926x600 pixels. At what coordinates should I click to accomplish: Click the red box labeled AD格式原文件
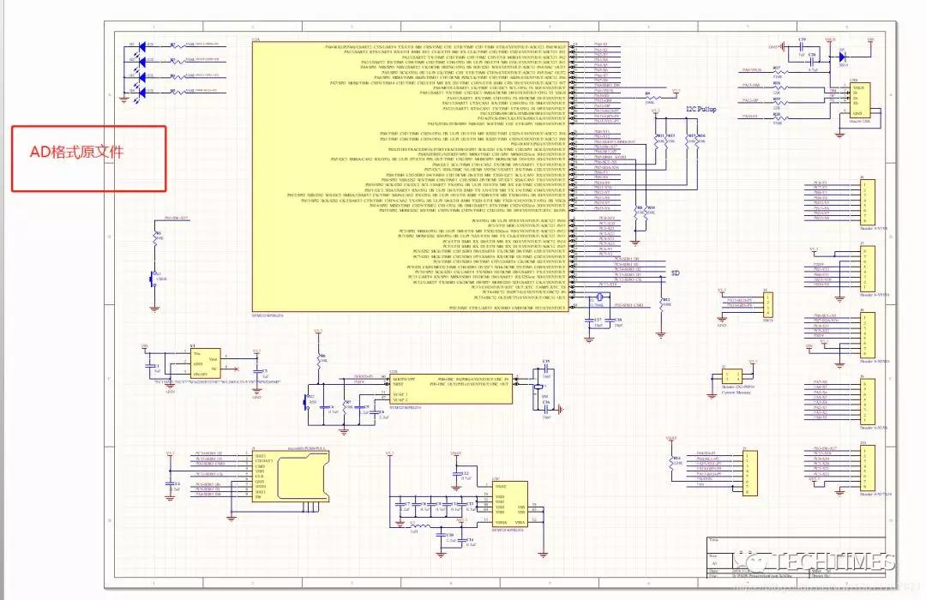coord(87,159)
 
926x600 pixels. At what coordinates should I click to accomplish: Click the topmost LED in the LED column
coord(134,45)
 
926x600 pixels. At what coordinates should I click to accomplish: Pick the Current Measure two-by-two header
coord(731,376)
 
